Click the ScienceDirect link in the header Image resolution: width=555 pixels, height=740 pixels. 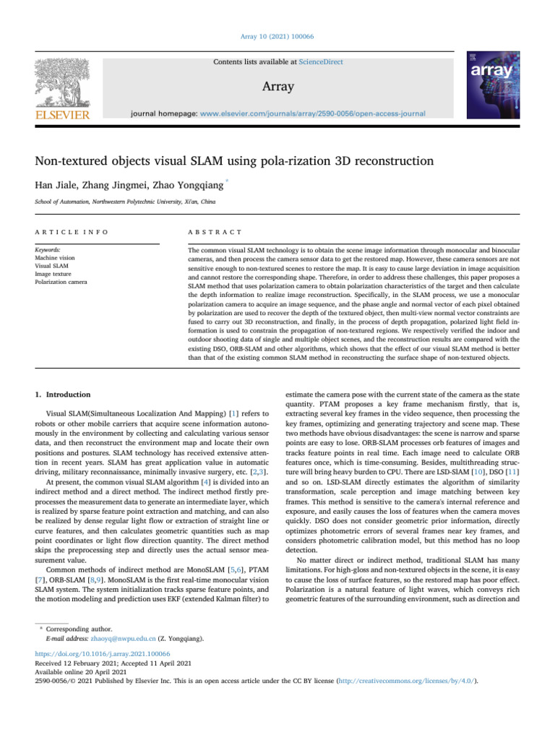click(x=320, y=62)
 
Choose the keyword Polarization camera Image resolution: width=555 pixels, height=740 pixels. click(x=61, y=282)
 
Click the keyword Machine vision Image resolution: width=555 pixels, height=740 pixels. click(x=55, y=256)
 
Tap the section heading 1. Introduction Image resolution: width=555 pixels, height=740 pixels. click(x=64, y=395)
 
